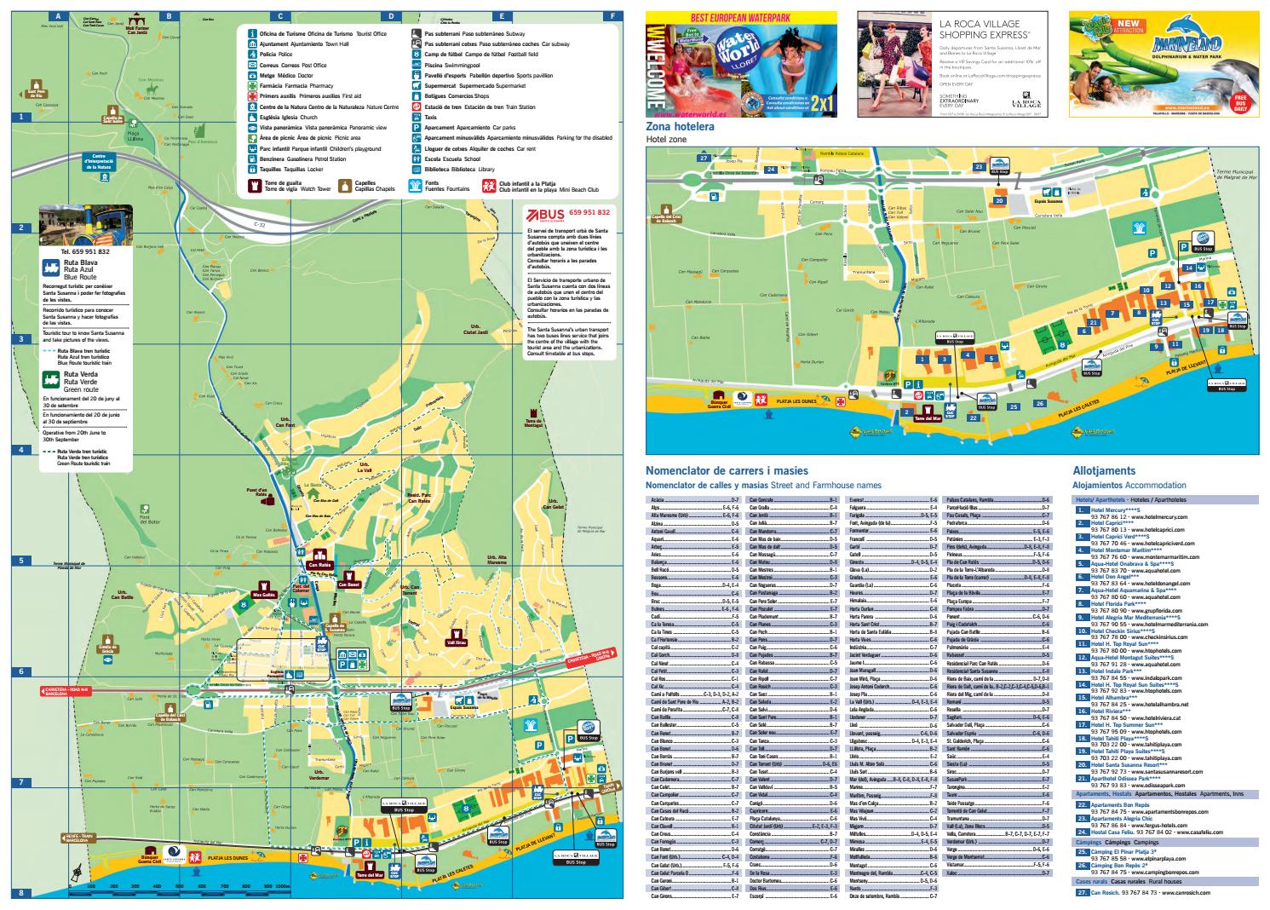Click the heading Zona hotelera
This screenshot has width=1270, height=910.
point(680,127)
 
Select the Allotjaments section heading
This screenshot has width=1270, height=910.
point(1104,470)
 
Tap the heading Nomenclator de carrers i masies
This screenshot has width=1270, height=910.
point(727,470)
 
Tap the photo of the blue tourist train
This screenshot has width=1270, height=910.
point(85,225)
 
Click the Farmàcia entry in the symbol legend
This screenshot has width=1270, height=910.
point(290,86)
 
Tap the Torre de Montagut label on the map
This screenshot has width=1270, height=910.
point(534,423)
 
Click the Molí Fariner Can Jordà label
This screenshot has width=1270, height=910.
point(136,28)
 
